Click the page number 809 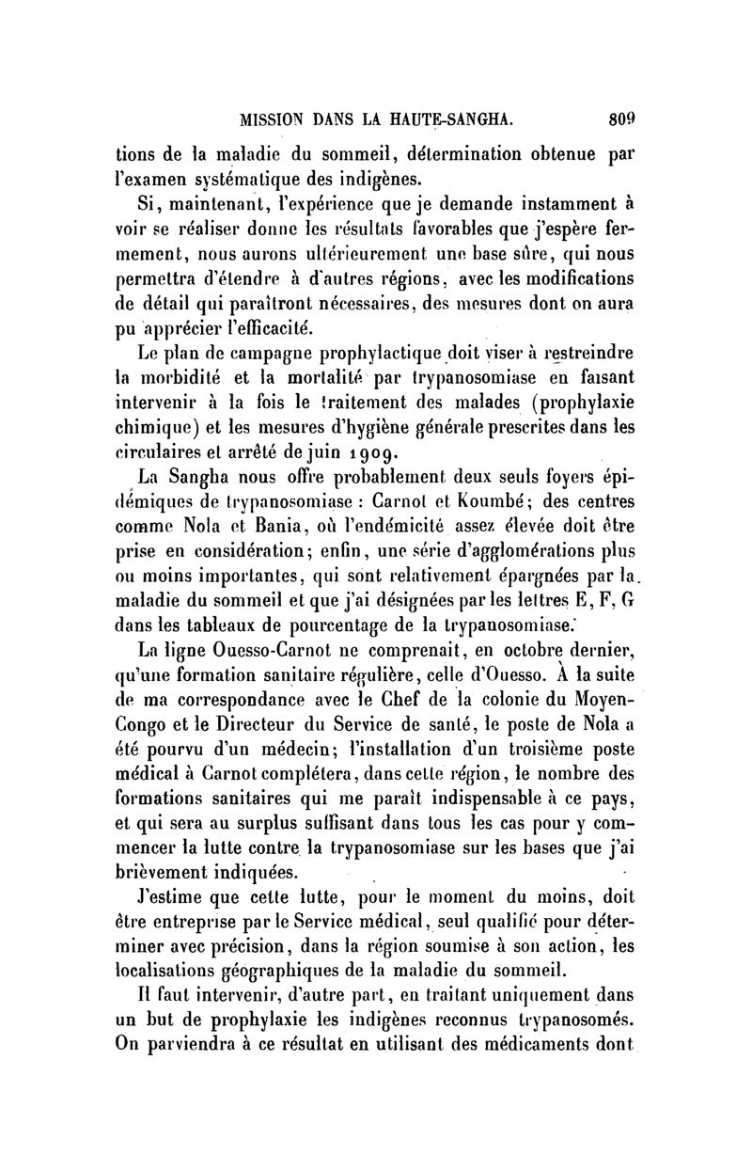[622, 119]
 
